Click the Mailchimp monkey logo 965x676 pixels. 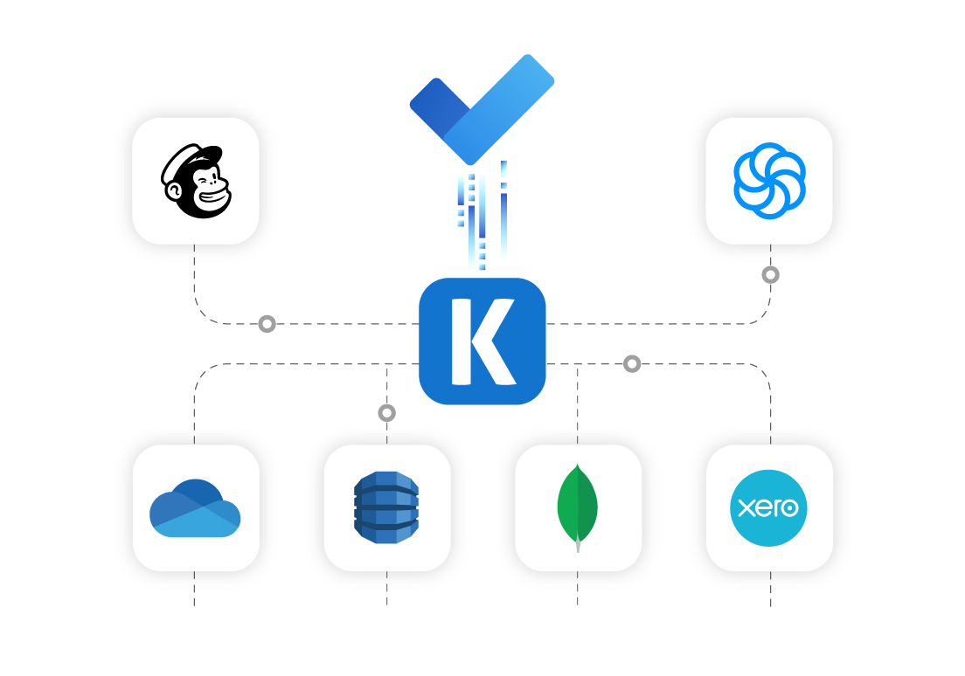click(196, 181)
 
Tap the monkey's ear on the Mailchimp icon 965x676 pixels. click(174, 191)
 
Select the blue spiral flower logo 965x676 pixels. click(769, 181)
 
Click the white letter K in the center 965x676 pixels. click(483, 341)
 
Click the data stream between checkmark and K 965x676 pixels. click(482, 215)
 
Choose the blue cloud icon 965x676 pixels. click(195, 508)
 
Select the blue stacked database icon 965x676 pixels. click(386, 507)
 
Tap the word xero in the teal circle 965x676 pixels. click(768, 507)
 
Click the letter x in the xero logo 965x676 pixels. click(746, 508)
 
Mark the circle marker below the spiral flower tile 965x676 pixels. click(771, 275)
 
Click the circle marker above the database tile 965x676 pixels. click(386, 413)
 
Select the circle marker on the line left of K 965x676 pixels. click(267, 323)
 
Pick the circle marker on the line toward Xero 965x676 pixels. click(632, 364)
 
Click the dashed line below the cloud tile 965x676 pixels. click(194, 589)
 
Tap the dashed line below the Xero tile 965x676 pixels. click(771, 589)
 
